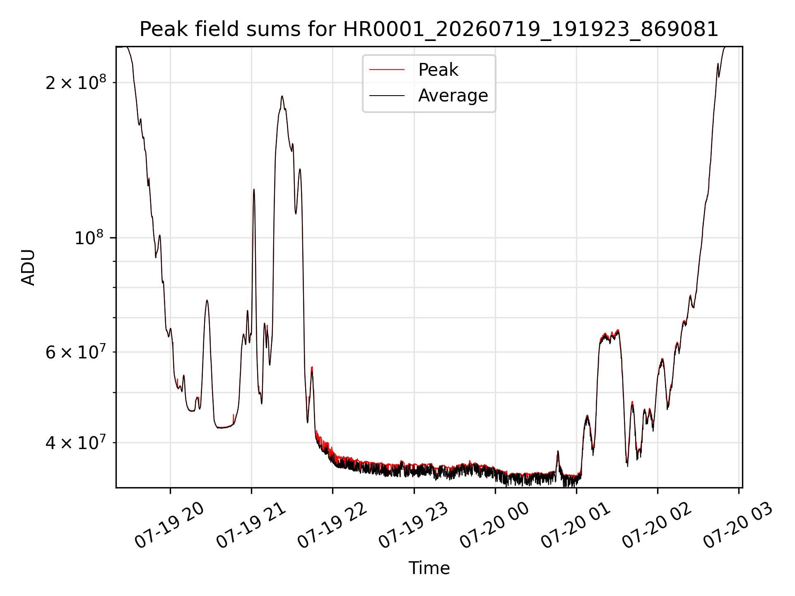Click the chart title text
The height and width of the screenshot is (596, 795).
coord(429,29)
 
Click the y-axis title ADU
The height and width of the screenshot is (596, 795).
coord(28,267)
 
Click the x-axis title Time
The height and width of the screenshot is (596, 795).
coord(429,568)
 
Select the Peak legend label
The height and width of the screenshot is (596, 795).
coord(438,70)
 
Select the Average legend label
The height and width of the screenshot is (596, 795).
coord(453,96)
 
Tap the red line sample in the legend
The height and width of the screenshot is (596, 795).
coord(387,70)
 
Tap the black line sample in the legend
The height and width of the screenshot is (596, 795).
coord(387,96)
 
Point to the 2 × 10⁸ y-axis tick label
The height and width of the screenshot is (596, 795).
coord(76,83)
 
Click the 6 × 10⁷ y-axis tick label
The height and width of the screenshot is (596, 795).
coord(76,352)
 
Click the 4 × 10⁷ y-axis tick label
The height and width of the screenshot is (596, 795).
coord(76,443)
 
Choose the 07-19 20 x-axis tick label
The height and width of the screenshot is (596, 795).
coord(170,526)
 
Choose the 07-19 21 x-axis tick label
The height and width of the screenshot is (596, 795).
coord(251,526)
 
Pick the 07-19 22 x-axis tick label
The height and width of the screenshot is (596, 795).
coord(332,526)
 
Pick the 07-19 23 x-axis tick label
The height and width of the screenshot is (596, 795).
coord(414,526)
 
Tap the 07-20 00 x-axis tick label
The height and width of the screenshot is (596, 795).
coord(495,526)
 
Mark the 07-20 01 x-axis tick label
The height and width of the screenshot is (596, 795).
coord(576,526)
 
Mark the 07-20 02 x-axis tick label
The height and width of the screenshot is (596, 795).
coord(658,526)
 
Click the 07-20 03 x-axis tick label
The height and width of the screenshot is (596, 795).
coord(739,526)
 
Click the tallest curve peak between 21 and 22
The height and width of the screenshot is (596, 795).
coord(282,96)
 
